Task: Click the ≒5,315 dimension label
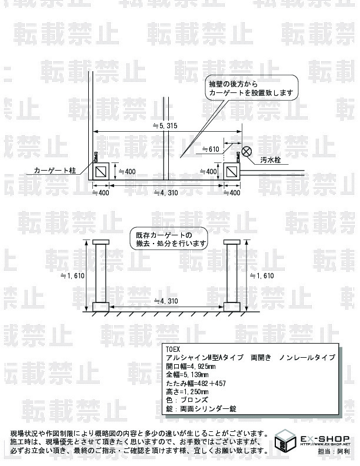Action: (165, 126)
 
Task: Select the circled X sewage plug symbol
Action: (248, 151)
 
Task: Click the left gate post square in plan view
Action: (101, 171)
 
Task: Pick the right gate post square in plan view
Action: (232, 171)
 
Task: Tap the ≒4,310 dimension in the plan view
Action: (165, 193)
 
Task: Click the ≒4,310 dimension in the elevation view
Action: (165, 301)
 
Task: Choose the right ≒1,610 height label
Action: (262, 275)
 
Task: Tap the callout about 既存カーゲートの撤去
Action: (169, 238)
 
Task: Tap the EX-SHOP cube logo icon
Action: (286, 442)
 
